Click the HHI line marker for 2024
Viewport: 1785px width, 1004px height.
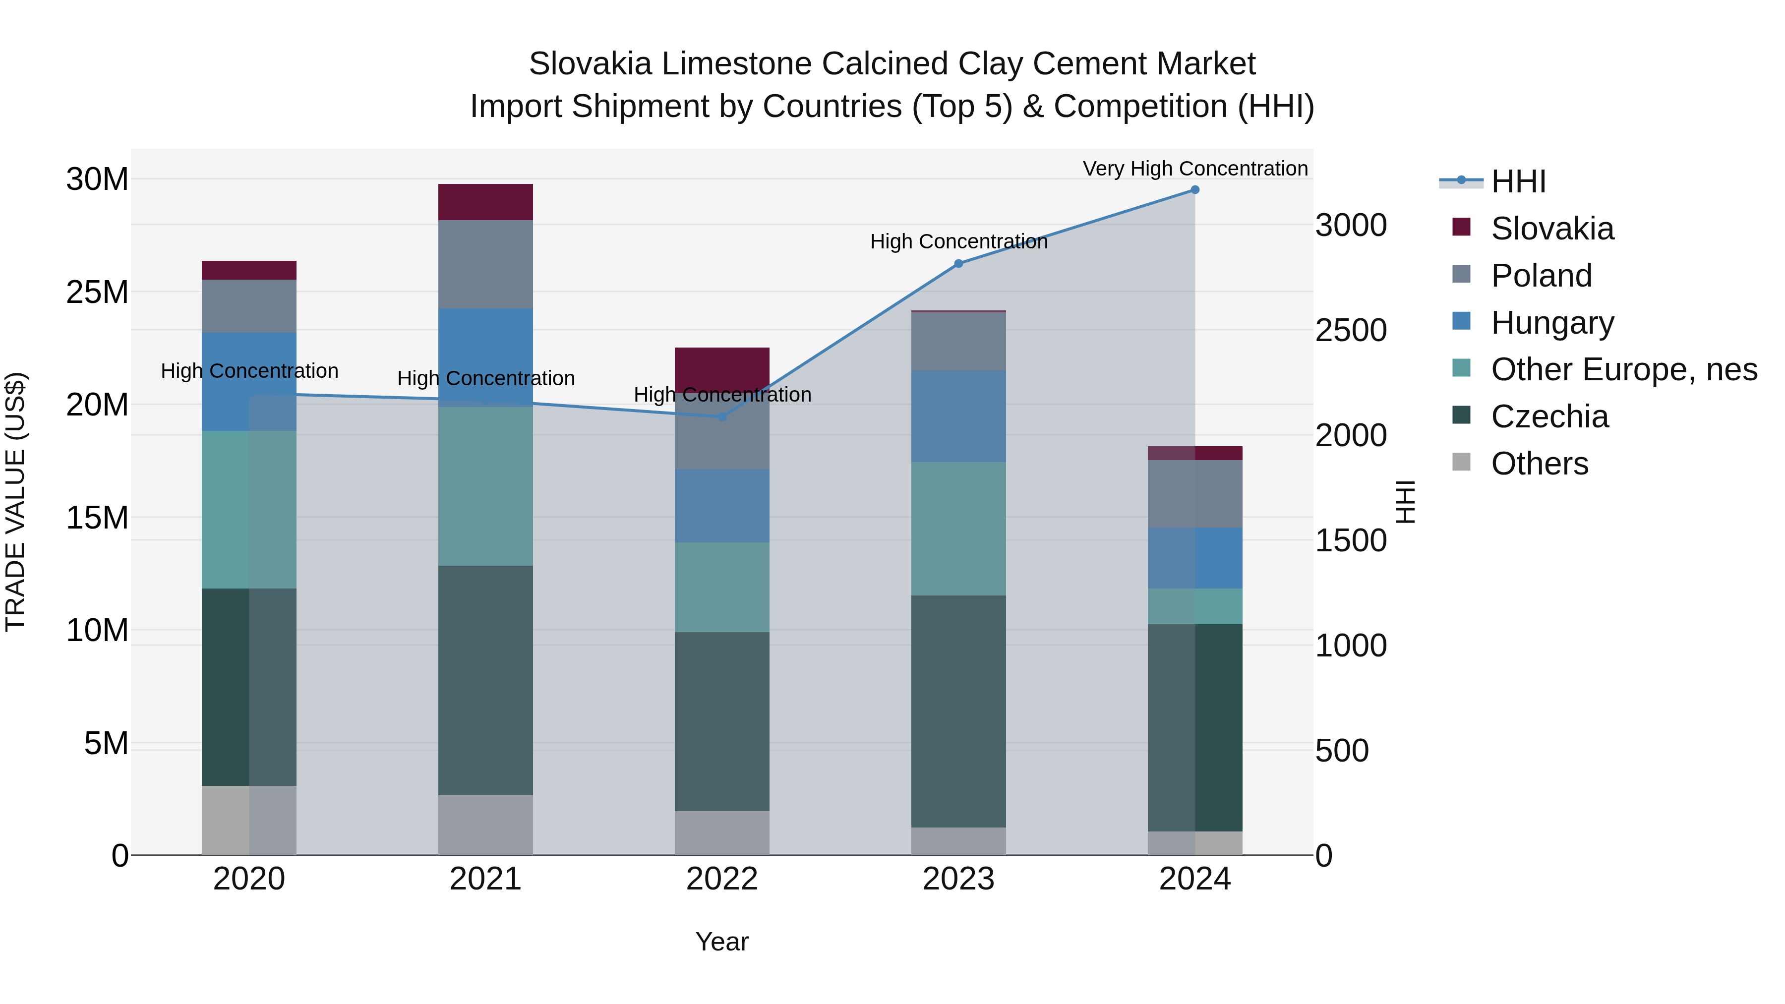click(1194, 190)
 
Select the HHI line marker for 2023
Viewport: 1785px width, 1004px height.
click(958, 263)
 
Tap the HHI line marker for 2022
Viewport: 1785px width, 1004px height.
click(721, 416)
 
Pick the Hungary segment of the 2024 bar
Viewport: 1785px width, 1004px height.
click(1194, 558)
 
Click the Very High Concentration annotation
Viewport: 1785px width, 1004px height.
click(1194, 169)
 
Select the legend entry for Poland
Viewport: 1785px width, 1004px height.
click(1541, 276)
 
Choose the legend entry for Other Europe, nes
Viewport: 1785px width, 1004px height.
click(1623, 369)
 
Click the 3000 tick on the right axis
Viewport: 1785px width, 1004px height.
click(1351, 226)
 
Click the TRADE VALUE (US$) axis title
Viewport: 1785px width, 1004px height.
click(15, 502)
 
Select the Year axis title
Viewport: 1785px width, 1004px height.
click(721, 942)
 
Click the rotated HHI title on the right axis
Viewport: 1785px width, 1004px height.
click(1405, 502)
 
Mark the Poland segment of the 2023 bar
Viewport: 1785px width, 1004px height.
click(958, 341)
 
